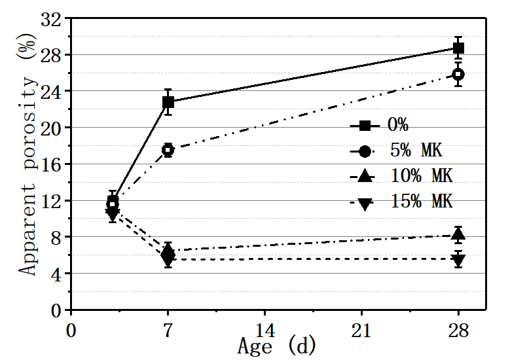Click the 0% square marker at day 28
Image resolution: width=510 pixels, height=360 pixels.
(x=458, y=48)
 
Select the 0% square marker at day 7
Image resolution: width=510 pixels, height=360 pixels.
(x=168, y=101)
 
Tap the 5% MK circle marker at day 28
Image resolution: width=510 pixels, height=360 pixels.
(x=458, y=74)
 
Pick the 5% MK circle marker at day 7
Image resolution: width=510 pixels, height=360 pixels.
(x=168, y=149)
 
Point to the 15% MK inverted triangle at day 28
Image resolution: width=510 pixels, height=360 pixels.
(x=458, y=260)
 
